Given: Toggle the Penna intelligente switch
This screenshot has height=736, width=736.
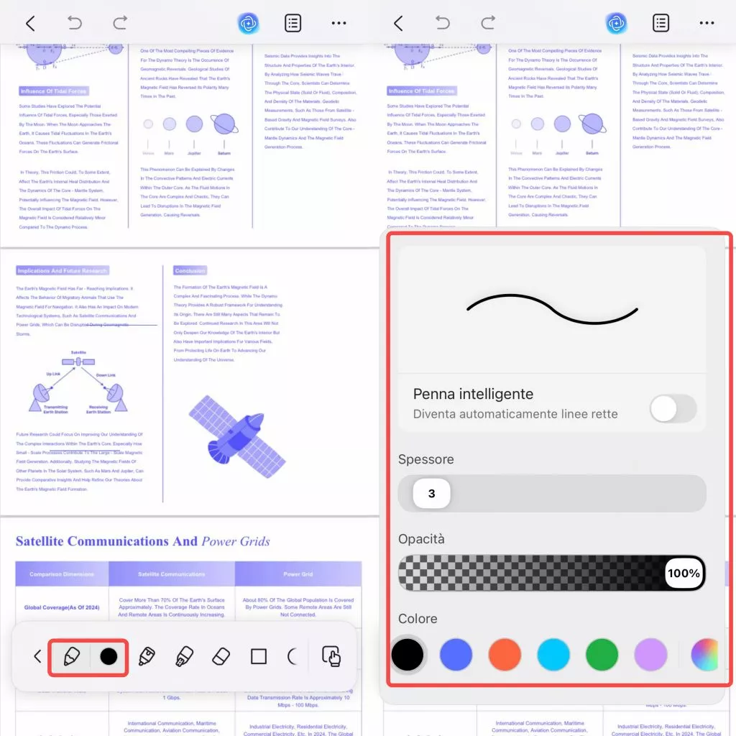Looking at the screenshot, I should point(673,409).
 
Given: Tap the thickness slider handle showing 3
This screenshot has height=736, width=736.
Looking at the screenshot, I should point(431,494).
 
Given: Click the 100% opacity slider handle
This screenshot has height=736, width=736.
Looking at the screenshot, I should point(684,573).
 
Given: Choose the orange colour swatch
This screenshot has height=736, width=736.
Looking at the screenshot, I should point(504,655).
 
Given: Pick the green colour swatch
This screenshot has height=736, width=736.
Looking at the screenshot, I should point(602,655).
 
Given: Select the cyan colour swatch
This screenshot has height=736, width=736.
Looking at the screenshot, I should point(553,655).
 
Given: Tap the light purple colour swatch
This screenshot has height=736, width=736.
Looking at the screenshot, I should point(650,655).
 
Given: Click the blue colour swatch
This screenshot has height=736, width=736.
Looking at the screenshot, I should point(456,655).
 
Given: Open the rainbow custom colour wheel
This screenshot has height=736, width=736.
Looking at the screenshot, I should point(704,655).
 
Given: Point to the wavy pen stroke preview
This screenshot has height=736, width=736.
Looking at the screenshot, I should point(552,309).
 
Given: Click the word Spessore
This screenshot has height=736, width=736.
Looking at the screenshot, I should point(425,459).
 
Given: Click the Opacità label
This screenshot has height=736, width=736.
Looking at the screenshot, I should point(421,539).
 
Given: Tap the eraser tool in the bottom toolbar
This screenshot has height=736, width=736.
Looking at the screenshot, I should point(221,656).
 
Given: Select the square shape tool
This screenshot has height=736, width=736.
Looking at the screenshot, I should point(258,656).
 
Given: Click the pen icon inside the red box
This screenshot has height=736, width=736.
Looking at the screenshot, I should point(71,656).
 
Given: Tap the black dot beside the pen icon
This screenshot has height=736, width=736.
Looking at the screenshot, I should point(109,656).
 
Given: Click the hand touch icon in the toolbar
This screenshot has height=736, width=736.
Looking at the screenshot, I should point(331,656).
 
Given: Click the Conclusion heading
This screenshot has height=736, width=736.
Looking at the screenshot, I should point(190,271).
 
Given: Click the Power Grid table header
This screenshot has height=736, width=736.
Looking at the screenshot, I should point(298,574).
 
